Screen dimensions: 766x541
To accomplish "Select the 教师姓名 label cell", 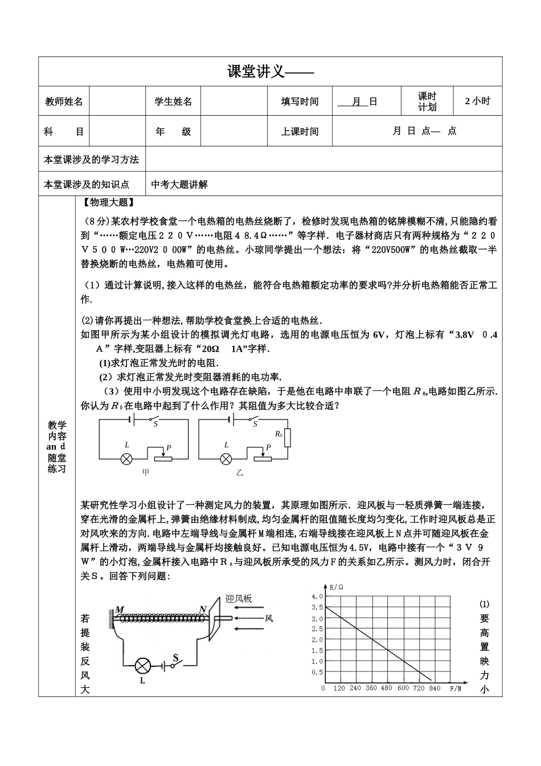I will pyautogui.click(x=64, y=101).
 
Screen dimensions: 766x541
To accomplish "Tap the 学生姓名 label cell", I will pyautogui.click(x=173, y=101).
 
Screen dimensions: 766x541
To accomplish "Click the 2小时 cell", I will pyautogui.click(x=477, y=101).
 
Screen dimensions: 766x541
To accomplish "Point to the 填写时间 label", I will pyautogui.click(x=300, y=101).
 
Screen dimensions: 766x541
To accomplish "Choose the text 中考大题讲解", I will pyautogui.click(x=180, y=184).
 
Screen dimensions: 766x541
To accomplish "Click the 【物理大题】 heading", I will pyautogui.click(x=108, y=202).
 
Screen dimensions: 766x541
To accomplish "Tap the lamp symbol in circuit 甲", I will pyautogui.click(x=127, y=458).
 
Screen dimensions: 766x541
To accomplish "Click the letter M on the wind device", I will pyautogui.click(x=120, y=610).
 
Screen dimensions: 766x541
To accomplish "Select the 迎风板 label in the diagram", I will pyautogui.click(x=239, y=598).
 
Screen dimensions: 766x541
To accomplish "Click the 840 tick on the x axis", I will pyautogui.click(x=435, y=688).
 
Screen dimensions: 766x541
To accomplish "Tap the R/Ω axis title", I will pyautogui.click(x=337, y=586).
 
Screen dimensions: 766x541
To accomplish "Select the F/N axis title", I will pyautogui.click(x=455, y=688).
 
